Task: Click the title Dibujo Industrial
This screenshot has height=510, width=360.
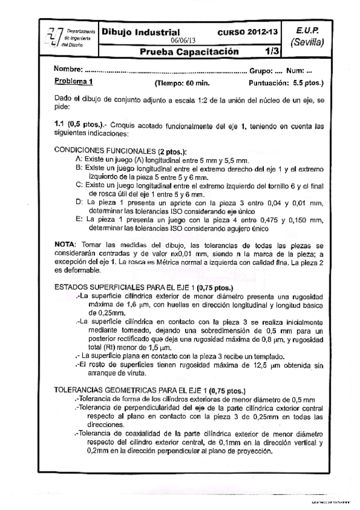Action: point(141,32)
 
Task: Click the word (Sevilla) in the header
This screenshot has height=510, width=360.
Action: point(307,43)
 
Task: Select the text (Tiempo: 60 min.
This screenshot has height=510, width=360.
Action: point(182,82)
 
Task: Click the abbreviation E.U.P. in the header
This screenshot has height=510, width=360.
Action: point(307,30)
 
